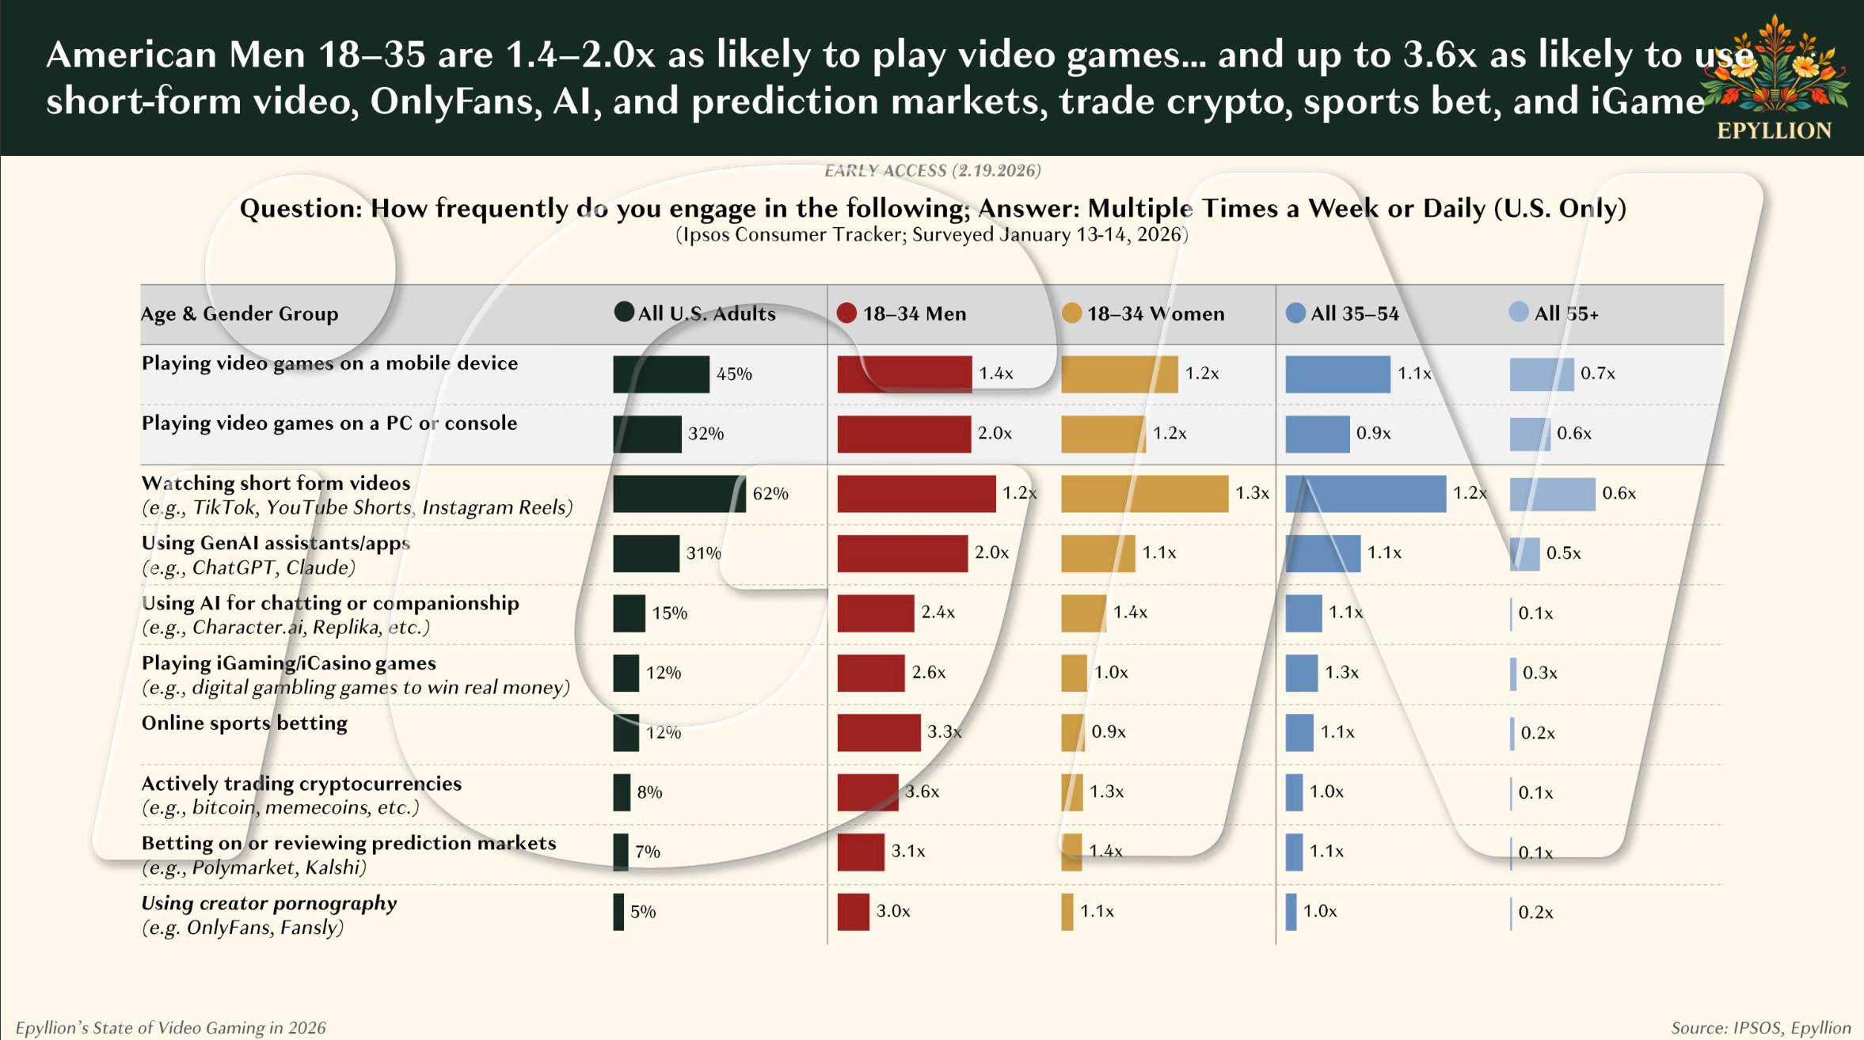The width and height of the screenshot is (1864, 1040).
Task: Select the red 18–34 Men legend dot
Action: (846, 313)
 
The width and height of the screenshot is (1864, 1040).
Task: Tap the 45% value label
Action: (734, 374)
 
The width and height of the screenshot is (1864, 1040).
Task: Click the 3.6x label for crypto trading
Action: (922, 791)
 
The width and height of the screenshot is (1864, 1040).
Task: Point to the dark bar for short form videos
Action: (679, 493)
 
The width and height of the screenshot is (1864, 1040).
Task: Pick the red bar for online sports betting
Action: (878, 732)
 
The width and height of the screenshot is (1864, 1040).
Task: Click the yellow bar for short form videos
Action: (1144, 493)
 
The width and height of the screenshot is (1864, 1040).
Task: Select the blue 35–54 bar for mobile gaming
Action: (1337, 374)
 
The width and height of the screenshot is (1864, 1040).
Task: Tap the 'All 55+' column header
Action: (1565, 313)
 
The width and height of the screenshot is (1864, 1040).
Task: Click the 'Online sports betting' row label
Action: (244, 723)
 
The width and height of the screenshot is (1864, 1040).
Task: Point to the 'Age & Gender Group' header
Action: (239, 313)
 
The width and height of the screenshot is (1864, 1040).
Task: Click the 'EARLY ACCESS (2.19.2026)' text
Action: (932, 170)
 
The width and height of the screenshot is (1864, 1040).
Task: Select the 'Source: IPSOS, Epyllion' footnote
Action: (1760, 1027)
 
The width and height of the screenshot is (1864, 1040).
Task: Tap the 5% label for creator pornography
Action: (643, 912)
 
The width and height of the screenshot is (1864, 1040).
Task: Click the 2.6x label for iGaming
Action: (929, 672)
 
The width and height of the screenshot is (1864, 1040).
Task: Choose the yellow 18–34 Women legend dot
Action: (1071, 313)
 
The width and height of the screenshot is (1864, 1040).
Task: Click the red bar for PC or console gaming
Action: (903, 434)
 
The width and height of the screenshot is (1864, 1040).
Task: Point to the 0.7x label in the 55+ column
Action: (1597, 374)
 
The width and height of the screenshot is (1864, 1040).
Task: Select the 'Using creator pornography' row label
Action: (268, 903)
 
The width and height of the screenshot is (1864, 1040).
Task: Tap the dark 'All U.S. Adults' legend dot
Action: (624, 312)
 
